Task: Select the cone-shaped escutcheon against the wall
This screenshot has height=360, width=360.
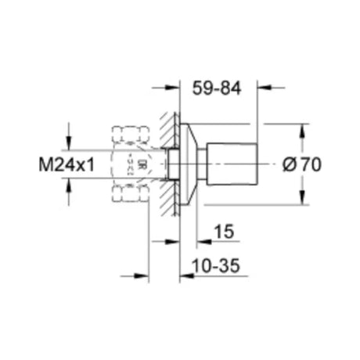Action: point(186,164)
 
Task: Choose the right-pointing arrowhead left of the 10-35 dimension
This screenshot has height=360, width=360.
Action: point(143,275)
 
